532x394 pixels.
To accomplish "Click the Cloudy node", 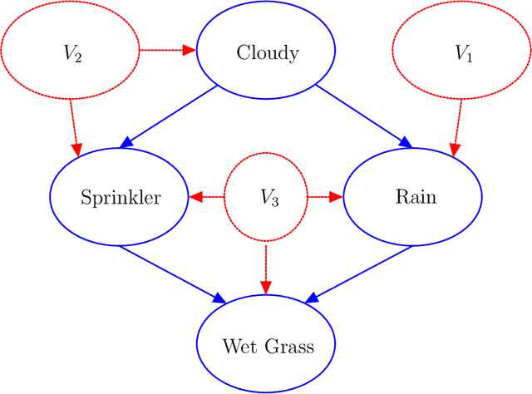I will tap(266, 52).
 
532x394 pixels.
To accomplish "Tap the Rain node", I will tap(412, 197).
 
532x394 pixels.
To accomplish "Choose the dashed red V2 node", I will tap(71, 52).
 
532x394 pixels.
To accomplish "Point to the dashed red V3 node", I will tap(266, 197).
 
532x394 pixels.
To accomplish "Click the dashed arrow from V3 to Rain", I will tap(325, 197).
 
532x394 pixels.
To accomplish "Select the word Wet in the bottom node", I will tap(239, 346).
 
